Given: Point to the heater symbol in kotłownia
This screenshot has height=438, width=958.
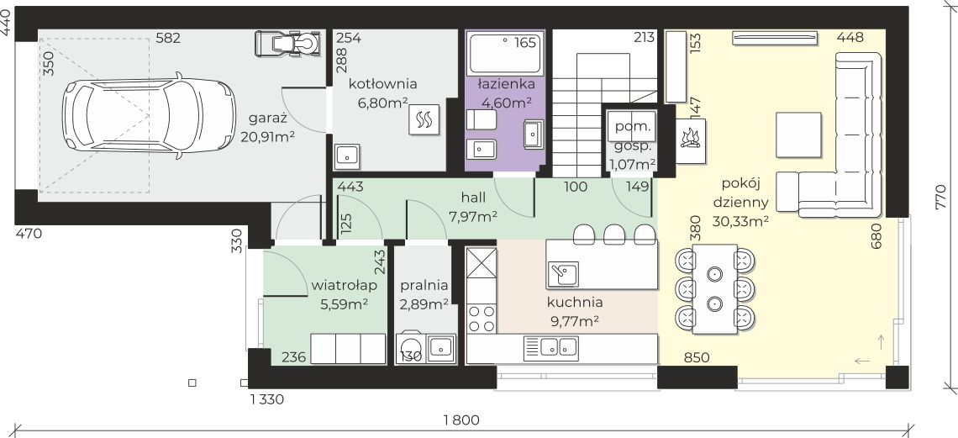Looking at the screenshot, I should click(424, 121).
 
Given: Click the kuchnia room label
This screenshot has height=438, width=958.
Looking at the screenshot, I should click(574, 302).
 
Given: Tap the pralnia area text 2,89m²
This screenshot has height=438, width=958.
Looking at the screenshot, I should click(424, 304).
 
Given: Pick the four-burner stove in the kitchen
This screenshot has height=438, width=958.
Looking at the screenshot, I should click(481, 319).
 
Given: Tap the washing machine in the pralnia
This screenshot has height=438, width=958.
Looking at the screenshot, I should click(411, 348).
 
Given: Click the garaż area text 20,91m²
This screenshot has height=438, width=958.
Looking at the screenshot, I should click(267, 136).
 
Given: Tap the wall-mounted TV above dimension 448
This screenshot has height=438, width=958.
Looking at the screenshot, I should click(775, 37).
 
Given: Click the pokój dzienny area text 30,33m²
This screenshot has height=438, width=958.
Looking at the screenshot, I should click(741, 222).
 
